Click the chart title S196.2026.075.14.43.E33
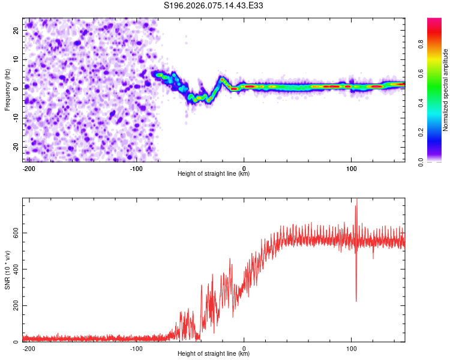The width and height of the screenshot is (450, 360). tap(214, 5)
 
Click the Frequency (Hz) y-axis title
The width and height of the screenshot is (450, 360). tap(7, 89)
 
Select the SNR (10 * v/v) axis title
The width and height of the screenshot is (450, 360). tap(7, 270)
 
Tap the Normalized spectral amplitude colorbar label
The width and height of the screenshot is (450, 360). tap(446, 90)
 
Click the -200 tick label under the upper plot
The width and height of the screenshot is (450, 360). tap(28, 168)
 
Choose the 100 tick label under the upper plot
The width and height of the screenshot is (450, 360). tap(351, 168)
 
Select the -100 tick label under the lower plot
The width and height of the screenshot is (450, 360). tap(136, 348)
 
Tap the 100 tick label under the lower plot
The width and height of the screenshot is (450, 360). tap(351, 348)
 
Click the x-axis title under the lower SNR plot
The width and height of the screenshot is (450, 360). tap(214, 354)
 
